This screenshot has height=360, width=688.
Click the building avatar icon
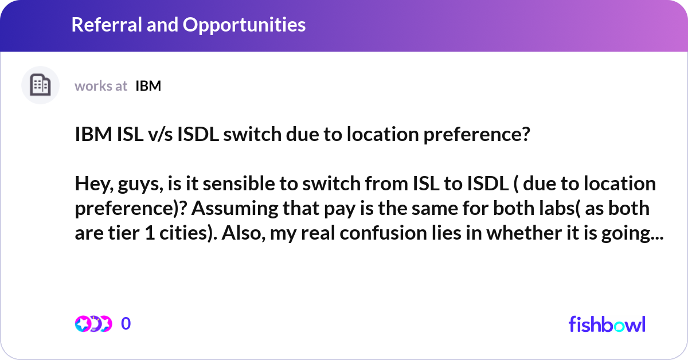pyautogui.click(x=40, y=85)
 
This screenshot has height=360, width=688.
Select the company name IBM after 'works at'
pyautogui.click(x=148, y=86)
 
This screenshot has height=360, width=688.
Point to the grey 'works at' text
pyautogui.click(x=101, y=86)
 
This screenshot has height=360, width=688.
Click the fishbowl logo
pyautogui.click(x=607, y=324)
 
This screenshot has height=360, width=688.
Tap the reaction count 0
pyautogui.click(x=126, y=324)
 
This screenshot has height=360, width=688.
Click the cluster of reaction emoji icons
pyautogui.click(x=93, y=324)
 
